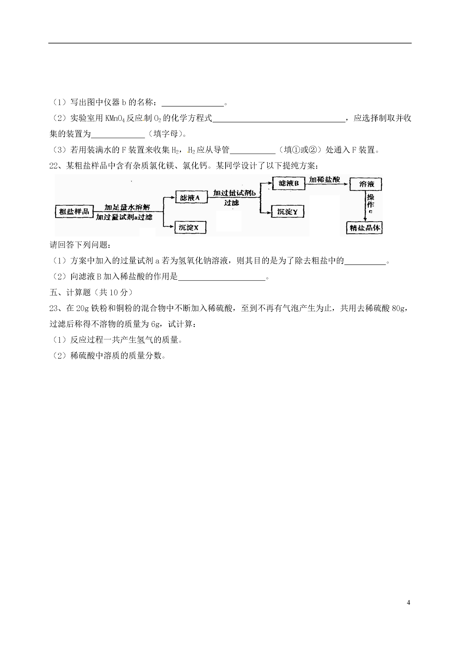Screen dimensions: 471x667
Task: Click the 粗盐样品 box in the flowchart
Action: pos(74,211)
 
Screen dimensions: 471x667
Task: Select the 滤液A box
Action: pos(190,198)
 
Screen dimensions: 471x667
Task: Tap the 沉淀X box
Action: pos(190,227)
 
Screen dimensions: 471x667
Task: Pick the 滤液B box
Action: pos(289,183)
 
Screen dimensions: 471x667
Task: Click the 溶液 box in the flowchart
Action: pos(366,184)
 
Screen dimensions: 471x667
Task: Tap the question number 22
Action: pos(54,166)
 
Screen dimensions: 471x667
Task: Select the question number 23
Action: pos(54,308)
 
